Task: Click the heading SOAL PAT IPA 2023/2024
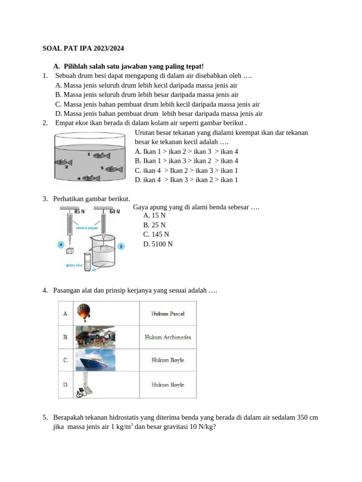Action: [83, 48]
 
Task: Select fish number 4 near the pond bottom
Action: [90, 178]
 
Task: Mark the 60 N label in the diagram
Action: [115, 211]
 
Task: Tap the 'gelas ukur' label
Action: [74, 265]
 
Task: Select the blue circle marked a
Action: [60, 244]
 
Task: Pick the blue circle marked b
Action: [121, 246]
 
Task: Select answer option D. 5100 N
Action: [158, 244]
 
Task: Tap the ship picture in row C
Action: [95, 360]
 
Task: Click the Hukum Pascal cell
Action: [168, 313]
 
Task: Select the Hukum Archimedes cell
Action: [168, 337]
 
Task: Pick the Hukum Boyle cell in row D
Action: [168, 385]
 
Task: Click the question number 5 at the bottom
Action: [45, 418]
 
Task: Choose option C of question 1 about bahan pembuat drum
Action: [157, 104]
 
